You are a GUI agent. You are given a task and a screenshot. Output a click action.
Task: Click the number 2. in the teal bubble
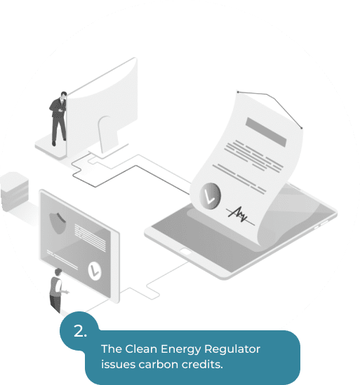tap(80, 331)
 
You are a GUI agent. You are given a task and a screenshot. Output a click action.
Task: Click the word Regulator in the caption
tap(232, 349)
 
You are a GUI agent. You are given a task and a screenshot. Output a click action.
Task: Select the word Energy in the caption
tap(180, 350)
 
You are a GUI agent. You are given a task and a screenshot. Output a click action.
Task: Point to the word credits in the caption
tap(202, 365)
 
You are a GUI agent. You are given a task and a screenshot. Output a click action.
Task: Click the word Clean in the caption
tap(141, 349)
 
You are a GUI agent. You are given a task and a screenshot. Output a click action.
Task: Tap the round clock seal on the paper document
tap(210, 196)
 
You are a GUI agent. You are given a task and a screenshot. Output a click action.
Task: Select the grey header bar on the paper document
tap(266, 132)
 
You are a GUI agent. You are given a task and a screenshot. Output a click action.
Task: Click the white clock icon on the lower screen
tap(95, 271)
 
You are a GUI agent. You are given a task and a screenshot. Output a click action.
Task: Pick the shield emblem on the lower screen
tap(58, 223)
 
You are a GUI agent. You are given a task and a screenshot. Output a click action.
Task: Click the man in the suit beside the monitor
tap(58, 119)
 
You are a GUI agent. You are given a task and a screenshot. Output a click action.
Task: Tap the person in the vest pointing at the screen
tap(58, 290)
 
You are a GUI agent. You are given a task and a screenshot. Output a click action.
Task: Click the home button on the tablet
tap(186, 252)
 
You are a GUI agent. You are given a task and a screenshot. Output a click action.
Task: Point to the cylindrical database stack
tap(14, 191)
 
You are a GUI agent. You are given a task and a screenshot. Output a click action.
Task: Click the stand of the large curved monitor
tap(108, 136)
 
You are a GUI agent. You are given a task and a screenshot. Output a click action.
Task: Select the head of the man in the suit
tap(64, 95)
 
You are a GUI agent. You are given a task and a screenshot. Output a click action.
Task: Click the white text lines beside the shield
tap(90, 238)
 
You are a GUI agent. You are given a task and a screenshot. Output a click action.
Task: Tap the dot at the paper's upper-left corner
tap(238, 92)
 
